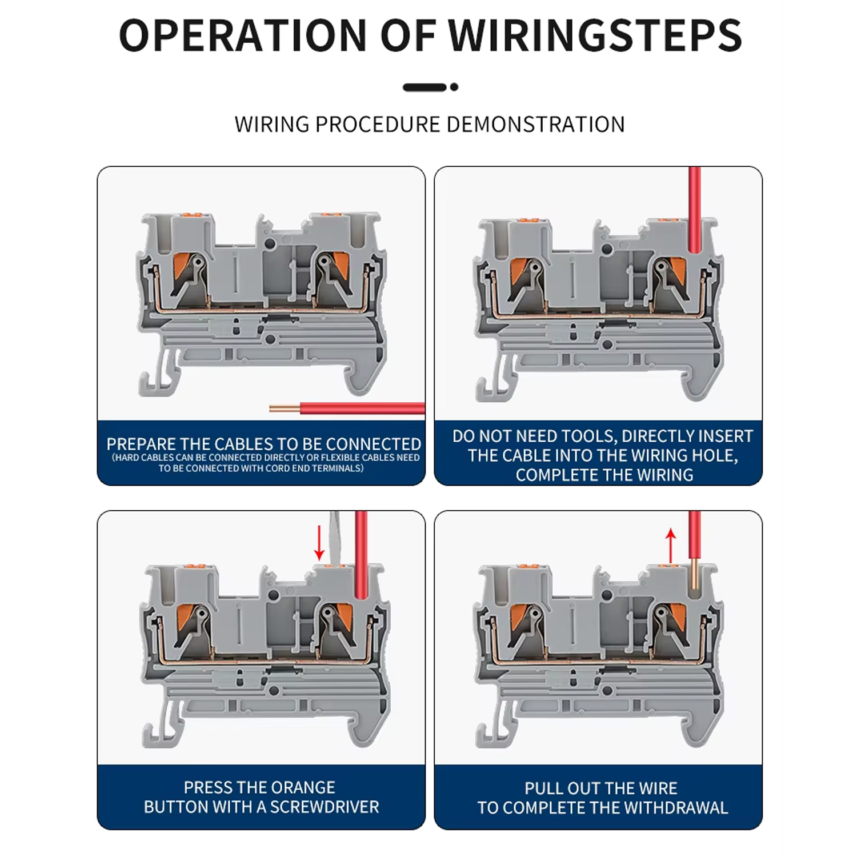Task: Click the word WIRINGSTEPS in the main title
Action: [x=595, y=35]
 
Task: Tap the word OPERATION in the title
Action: [x=243, y=35]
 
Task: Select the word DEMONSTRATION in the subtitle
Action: [x=536, y=125]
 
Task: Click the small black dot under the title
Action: [x=454, y=87]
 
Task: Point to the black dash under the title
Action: [x=425, y=87]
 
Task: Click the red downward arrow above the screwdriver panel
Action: [x=319, y=543]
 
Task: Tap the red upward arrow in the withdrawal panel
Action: [x=671, y=546]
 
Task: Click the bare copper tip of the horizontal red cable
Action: [x=285, y=408]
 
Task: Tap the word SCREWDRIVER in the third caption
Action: [x=325, y=807]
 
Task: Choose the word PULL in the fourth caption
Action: [x=543, y=788]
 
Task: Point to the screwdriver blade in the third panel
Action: [x=335, y=537]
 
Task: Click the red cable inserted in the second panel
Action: [x=695, y=210]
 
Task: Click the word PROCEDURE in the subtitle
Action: [x=378, y=125]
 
